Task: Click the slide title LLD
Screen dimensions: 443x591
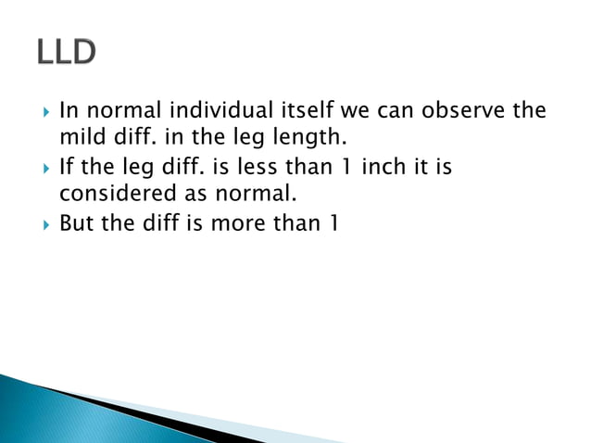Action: [66, 54]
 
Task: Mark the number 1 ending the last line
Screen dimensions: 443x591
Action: [332, 224]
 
